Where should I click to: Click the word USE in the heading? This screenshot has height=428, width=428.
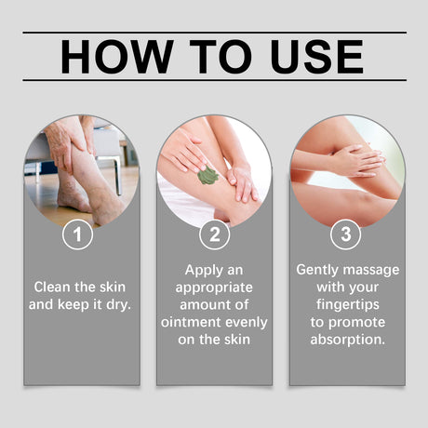(314, 57)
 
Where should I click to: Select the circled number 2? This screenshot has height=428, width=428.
(214, 234)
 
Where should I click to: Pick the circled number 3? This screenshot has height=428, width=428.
(346, 234)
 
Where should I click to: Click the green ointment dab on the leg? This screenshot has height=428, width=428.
(208, 175)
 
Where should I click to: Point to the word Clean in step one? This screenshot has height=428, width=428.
(53, 286)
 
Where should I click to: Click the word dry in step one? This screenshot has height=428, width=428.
(123, 304)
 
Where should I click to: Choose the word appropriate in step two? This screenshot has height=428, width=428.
(214, 286)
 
